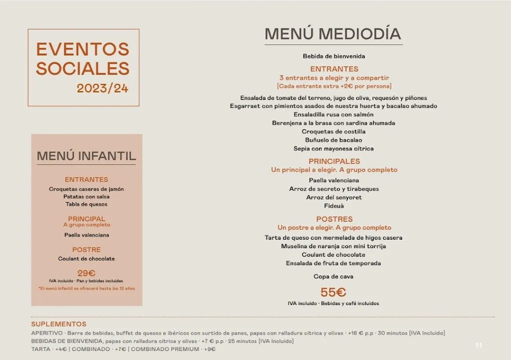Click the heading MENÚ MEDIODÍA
point(333,33)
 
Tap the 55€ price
point(333,293)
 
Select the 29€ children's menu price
point(86,273)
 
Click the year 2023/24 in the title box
point(102,88)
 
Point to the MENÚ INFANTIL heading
point(86,156)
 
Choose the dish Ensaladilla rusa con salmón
point(333,115)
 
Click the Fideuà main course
point(334,206)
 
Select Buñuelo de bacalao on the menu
point(333,140)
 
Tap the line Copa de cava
point(333,277)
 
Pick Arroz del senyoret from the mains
point(334,197)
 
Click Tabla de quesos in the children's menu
point(86,204)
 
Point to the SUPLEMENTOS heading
point(59,324)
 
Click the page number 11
point(479,345)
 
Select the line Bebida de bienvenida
point(333,56)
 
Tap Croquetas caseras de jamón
point(86,189)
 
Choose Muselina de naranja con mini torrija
point(333,246)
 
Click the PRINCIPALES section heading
point(334,161)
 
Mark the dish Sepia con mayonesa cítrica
point(333,149)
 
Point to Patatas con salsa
point(86,197)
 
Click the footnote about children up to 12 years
point(86,289)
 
